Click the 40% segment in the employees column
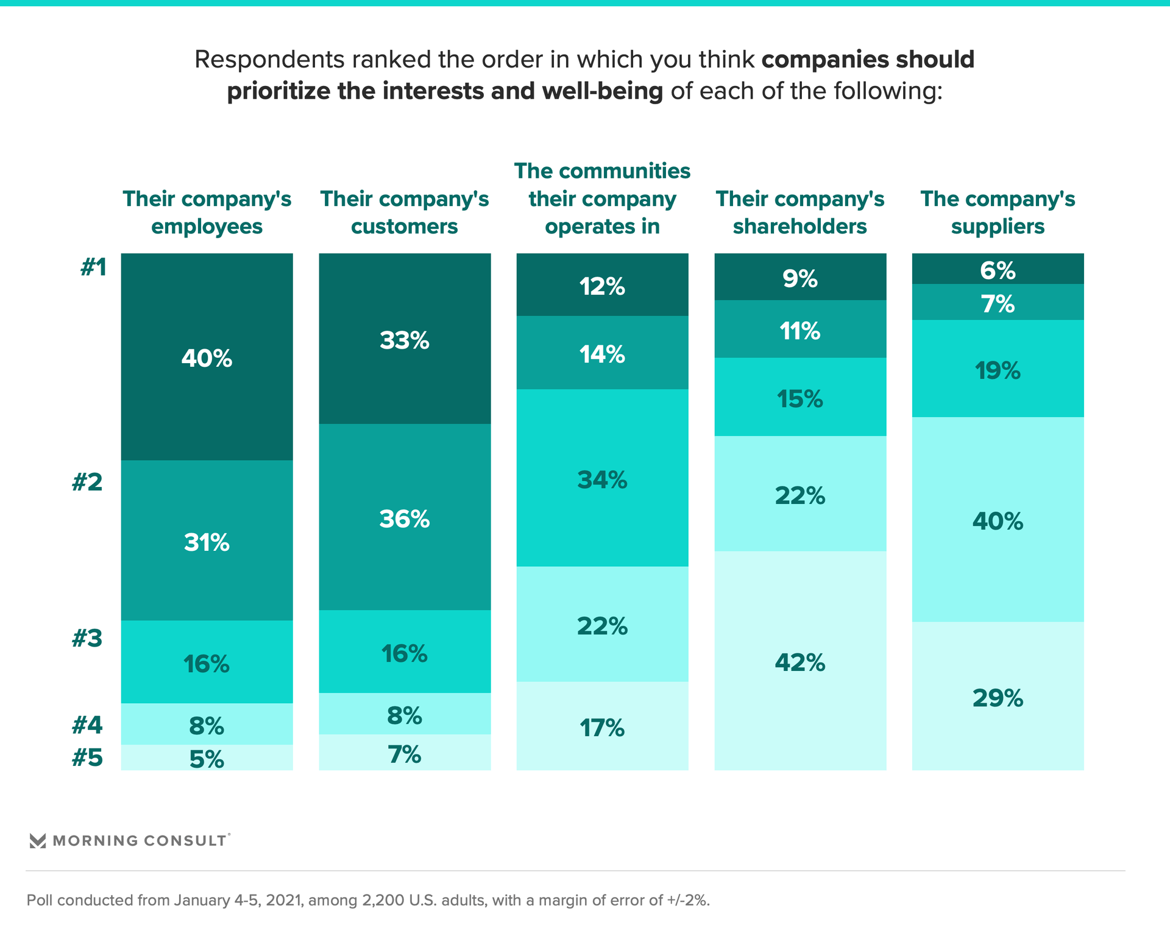tap(207, 357)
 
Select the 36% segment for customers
tap(405, 518)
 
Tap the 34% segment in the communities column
tap(602, 479)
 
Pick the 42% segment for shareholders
tap(800, 661)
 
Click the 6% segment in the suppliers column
tap(998, 269)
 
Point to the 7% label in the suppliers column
tap(998, 303)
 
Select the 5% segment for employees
tap(207, 758)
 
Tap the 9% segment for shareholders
tap(800, 278)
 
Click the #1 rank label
tap(94, 267)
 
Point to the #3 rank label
tap(87, 638)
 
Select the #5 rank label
tap(87, 757)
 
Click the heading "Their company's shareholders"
tap(800, 212)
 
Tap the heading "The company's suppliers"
tap(998, 212)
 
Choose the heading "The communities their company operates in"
tap(602, 198)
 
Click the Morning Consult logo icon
tap(38, 841)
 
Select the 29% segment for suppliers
tap(998, 697)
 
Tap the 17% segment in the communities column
tap(602, 726)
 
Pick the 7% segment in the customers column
tap(405, 753)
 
